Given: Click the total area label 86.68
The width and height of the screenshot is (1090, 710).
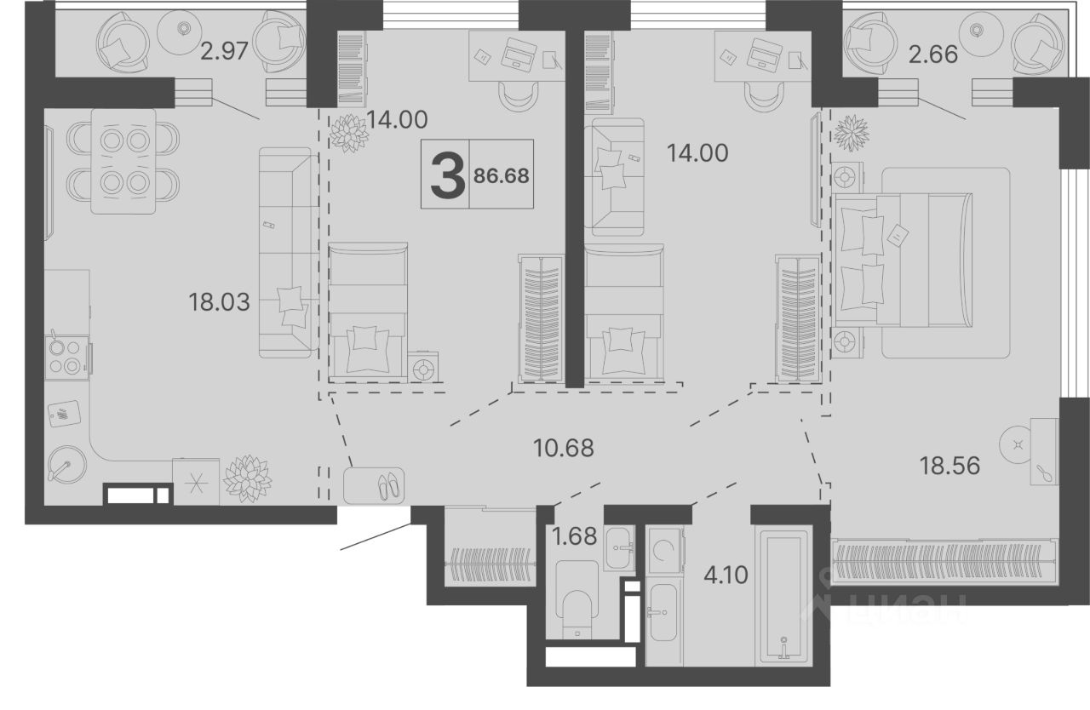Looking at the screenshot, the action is pyautogui.click(x=502, y=175).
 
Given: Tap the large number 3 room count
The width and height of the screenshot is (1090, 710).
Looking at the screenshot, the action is pyautogui.click(x=448, y=175).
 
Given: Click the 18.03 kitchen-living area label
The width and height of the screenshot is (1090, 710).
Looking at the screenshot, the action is pyautogui.click(x=219, y=302).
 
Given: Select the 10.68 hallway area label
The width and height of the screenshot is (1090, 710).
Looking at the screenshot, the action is pyautogui.click(x=564, y=448).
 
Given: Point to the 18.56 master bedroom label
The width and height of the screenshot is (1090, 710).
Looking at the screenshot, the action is pyautogui.click(x=949, y=466).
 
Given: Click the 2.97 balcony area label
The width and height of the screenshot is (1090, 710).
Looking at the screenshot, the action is pyautogui.click(x=224, y=51).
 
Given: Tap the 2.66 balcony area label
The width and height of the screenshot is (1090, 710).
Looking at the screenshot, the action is pyautogui.click(x=933, y=54).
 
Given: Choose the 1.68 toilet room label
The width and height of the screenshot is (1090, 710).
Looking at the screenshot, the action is pyautogui.click(x=574, y=536).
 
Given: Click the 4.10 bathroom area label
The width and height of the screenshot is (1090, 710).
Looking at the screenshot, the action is pyautogui.click(x=726, y=575).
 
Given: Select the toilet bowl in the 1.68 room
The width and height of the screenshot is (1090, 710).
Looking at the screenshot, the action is pyautogui.click(x=577, y=599).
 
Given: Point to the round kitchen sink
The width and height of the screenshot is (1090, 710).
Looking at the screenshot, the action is pyautogui.click(x=67, y=466).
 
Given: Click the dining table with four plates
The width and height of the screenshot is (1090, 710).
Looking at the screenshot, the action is pyautogui.click(x=123, y=162).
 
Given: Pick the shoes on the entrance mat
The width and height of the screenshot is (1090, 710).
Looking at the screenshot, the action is pyautogui.click(x=389, y=486).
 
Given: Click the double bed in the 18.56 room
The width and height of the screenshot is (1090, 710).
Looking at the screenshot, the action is pyautogui.click(x=903, y=261).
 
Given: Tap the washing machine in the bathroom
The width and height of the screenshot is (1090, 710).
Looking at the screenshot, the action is pyautogui.click(x=665, y=550).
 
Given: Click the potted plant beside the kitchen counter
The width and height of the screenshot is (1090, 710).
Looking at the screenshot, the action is pyautogui.click(x=247, y=479).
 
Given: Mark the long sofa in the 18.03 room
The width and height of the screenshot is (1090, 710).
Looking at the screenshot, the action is pyautogui.click(x=285, y=253).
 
